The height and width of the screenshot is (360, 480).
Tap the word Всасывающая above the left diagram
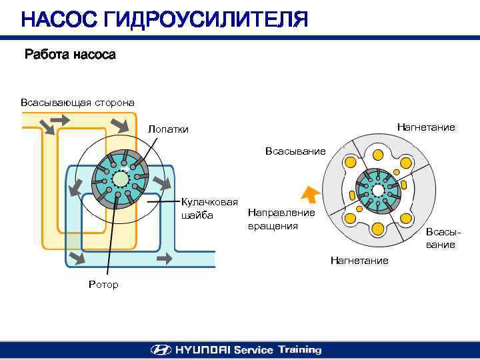(x=53, y=103)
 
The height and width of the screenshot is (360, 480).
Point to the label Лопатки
(x=169, y=129)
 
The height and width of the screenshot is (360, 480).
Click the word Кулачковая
(x=209, y=203)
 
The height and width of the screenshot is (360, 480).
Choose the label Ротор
(x=103, y=285)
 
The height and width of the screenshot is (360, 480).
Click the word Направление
(x=281, y=213)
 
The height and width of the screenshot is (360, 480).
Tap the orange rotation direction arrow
(x=309, y=193)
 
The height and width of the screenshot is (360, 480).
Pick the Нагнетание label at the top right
(x=426, y=127)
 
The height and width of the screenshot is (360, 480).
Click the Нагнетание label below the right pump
(x=359, y=260)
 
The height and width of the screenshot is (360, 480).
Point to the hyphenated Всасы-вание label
(x=443, y=239)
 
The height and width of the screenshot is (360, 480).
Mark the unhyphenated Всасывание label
(x=295, y=151)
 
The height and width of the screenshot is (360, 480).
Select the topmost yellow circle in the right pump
(x=378, y=153)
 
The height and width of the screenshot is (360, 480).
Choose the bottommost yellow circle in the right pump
(x=378, y=229)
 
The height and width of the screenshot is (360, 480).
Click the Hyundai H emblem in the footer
(x=161, y=349)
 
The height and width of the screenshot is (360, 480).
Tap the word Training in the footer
(x=299, y=349)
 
